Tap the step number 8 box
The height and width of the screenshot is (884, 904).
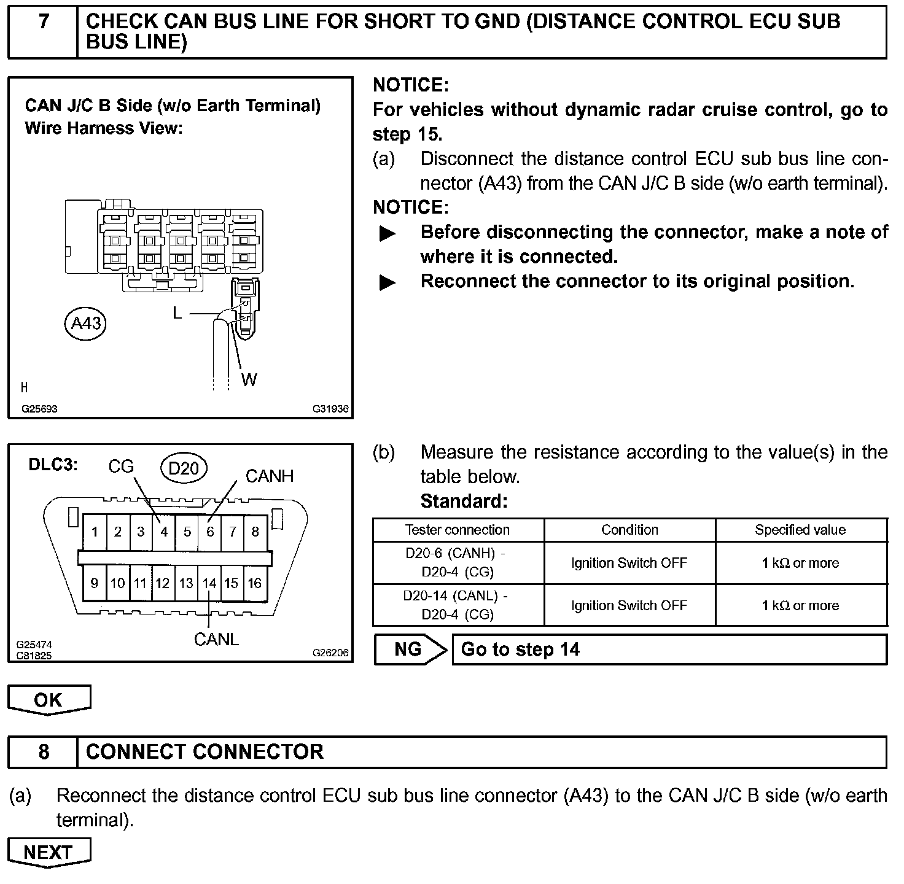[43, 752]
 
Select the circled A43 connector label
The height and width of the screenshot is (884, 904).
[85, 323]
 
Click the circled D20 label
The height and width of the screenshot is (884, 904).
[183, 469]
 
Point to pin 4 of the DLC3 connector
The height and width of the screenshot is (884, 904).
[164, 532]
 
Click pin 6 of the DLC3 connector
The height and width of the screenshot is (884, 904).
[210, 532]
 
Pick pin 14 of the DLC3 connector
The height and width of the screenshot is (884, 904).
[209, 583]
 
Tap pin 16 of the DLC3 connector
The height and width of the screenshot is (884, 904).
[255, 583]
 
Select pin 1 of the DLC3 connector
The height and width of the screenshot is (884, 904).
[95, 532]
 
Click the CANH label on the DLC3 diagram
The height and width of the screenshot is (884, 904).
[270, 476]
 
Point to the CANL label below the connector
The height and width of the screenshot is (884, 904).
[216, 640]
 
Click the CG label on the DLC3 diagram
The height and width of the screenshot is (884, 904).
[121, 467]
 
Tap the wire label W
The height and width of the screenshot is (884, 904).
[249, 380]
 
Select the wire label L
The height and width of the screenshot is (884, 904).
[177, 313]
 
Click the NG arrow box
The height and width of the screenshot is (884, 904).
[410, 649]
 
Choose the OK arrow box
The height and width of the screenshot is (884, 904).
[49, 700]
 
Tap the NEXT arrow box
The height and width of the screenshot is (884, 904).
[49, 852]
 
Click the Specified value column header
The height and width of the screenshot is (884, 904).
[800, 530]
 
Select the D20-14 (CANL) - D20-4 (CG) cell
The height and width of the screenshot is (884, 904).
[458, 605]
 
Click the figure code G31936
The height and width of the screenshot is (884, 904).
[330, 409]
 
